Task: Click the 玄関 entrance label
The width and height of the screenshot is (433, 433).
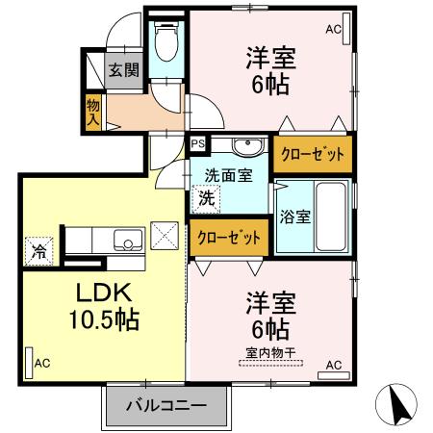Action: pyautogui.click(x=122, y=69)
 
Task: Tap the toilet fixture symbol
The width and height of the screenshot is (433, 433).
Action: pyautogui.click(x=167, y=43)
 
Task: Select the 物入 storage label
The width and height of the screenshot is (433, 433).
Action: pyautogui.click(x=93, y=113)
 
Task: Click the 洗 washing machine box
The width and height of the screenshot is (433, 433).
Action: pyautogui.click(x=206, y=199)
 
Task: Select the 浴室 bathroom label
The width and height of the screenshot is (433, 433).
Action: pyautogui.click(x=293, y=216)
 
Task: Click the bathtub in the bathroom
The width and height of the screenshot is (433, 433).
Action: pyautogui.click(x=331, y=216)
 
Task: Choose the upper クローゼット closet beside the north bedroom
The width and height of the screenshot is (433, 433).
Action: pyautogui.click(x=313, y=152)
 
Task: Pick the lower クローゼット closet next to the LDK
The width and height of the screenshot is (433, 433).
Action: pyautogui.click(x=229, y=237)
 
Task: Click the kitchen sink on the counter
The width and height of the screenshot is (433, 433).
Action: pyautogui.click(x=125, y=240)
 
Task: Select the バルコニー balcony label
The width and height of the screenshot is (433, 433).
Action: pyautogui.click(x=166, y=405)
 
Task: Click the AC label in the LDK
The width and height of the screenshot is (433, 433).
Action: pyautogui.click(x=42, y=363)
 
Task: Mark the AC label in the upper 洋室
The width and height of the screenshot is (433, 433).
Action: pyautogui.click(x=333, y=31)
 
